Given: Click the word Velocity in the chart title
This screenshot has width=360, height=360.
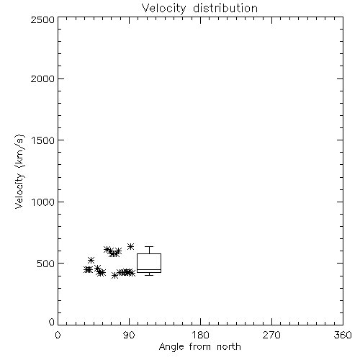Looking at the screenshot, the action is pyautogui.click(x=163, y=9).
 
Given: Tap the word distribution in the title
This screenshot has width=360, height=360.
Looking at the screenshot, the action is pyautogui.click(x=225, y=8).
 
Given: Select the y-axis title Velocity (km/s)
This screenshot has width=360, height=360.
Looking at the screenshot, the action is pyautogui.click(x=19, y=171).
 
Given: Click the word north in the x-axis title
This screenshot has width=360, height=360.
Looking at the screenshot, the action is pyautogui.click(x=229, y=346).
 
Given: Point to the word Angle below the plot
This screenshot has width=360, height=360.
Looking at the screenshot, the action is pyautogui.click(x=171, y=347).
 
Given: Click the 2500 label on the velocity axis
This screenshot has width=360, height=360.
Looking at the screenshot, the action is pyautogui.click(x=42, y=19).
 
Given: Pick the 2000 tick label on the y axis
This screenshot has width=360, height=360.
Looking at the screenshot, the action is pyautogui.click(x=42, y=78).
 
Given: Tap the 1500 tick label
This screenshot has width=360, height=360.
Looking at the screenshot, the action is pyautogui.click(x=43, y=140).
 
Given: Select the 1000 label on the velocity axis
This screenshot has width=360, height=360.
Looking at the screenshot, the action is pyautogui.click(x=43, y=202).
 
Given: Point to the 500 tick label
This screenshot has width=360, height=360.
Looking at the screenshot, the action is pyautogui.click(x=46, y=264).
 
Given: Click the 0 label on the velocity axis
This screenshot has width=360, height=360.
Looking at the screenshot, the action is pyautogui.click(x=52, y=322).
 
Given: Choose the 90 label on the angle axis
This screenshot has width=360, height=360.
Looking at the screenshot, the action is pyautogui.click(x=129, y=335).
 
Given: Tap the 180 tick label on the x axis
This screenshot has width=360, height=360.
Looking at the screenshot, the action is pyautogui.click(x=200, y=335).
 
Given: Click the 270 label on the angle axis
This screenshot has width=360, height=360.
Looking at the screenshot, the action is pyautogui.click(x=271, y=335).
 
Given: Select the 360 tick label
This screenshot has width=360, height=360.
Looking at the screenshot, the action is pyautogui.click(x=343, y=335).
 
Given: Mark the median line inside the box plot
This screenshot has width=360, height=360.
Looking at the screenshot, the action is pyautogui.click(x=149, y=270).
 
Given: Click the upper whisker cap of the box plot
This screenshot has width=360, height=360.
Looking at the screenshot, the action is pyautogui.click(x=149, y=246).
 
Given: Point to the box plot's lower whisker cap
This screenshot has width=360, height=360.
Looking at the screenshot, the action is pyautogui.click(x=149, y=275).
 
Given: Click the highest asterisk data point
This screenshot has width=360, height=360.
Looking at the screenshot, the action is pyautogui.click(x=130, y=246).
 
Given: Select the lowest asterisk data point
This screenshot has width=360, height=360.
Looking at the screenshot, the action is pyautogui.click(x=115, y=276).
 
